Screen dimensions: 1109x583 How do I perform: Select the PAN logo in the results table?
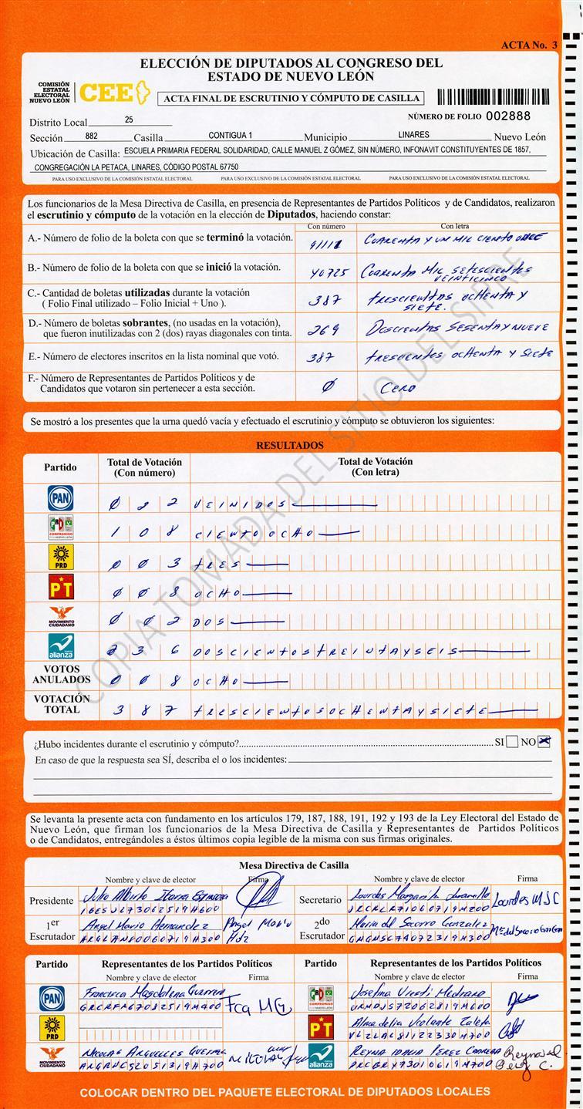click(60, 497)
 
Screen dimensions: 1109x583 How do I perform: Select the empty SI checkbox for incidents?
click(512, 742)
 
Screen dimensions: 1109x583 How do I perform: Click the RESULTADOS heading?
click(289, 446)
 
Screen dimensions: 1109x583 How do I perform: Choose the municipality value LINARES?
click(414, 135)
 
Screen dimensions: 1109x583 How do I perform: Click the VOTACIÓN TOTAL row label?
click(61, 703)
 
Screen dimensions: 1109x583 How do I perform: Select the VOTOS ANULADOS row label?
click(61, 674)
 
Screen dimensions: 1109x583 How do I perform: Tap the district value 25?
click(128, 120)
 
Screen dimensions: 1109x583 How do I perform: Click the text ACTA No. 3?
click(528, 46)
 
